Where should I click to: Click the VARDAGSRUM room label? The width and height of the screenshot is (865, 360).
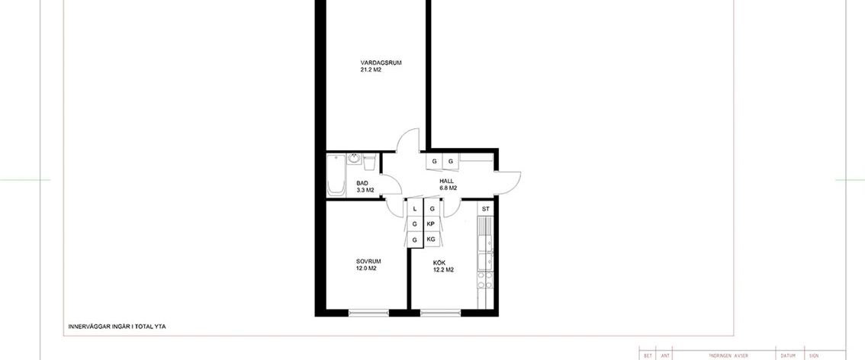pos(381,63)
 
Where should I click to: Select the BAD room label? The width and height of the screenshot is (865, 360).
pos(362,183)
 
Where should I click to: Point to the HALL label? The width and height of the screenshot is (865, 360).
pos(447,181)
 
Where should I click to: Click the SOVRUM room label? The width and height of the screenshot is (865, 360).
pos(368,262)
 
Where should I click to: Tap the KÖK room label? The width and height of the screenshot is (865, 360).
pos(439,262)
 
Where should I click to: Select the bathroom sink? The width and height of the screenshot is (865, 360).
pos(355,160)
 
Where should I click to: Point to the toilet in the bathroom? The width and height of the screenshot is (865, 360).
pos(370,162)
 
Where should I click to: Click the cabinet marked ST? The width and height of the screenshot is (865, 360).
pos(485,208)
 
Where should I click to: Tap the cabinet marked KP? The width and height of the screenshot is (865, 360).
pos(431,223)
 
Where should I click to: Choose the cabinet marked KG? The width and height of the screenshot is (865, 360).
pos(431,239)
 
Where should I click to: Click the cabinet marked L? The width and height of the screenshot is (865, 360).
pos(414,208)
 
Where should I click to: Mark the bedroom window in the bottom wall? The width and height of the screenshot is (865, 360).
pos(368,312)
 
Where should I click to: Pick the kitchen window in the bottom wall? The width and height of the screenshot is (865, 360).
pos(440,312)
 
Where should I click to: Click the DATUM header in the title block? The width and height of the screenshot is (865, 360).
pos(788,355)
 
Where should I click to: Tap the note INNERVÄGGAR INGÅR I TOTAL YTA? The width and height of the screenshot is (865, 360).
pos(117,326)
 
